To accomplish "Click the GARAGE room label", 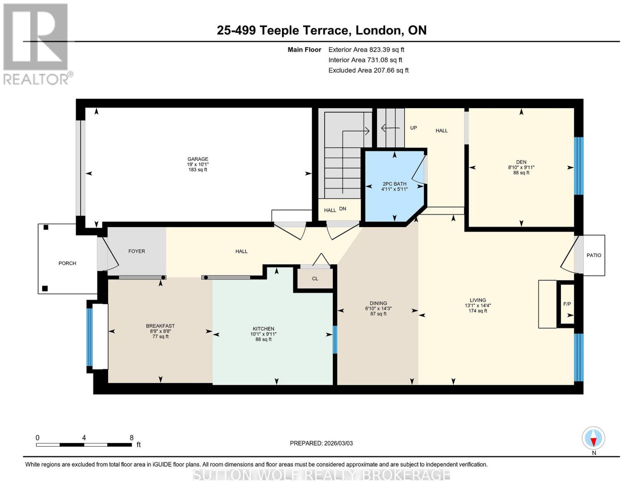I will (x=197, y=159).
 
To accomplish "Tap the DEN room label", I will (x=521, y=162).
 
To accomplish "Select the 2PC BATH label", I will (x=394, y=184).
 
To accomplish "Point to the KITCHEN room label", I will (x=263, y=328).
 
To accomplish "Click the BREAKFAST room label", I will (x=160, y=326).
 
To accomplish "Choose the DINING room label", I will (x=378, y=303).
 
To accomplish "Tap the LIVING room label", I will (x=477, y=300).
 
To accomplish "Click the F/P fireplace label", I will (x=567, y=304).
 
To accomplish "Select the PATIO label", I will (x=593, y=255).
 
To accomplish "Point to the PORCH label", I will (x=67, y=263).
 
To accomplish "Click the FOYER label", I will (x=137, y=251).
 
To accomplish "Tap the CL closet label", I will (x=315, y=278).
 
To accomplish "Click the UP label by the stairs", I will (x=413, y=128).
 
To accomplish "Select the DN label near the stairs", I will (x=342, y=209).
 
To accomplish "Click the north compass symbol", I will (x=593, y=438).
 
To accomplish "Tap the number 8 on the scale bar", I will (x=132, y=438).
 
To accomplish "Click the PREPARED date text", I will (x=321, y=443).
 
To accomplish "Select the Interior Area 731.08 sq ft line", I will (x=365, y=60).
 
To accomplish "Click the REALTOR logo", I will (x=36, y=43).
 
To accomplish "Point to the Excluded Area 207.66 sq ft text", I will (x=368, y=70).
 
